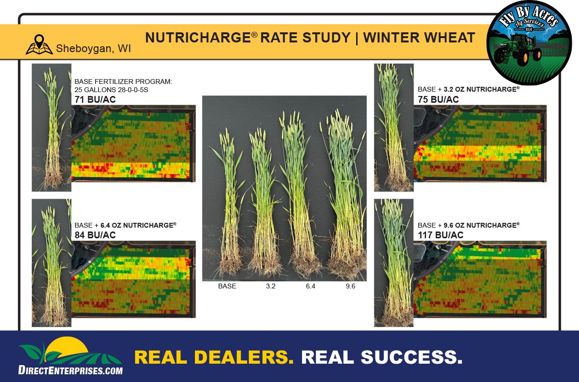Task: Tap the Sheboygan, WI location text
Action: click(93, 49)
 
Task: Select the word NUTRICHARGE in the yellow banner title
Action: click(198, 38)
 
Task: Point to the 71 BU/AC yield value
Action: click(95, 99)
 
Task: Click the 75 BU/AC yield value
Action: click(438, 99)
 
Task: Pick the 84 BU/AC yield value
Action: click(95, 235)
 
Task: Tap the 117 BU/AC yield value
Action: click(441, 235)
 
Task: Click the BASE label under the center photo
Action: click(227, 286)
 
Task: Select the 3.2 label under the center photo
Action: click(271, 286)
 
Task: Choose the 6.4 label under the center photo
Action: click(310, 286)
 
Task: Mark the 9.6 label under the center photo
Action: click(350, 286)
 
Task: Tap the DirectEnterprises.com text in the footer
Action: click(70, 370)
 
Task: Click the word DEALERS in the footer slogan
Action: click(244, 357)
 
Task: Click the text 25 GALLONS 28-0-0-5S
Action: click(111, 90)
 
